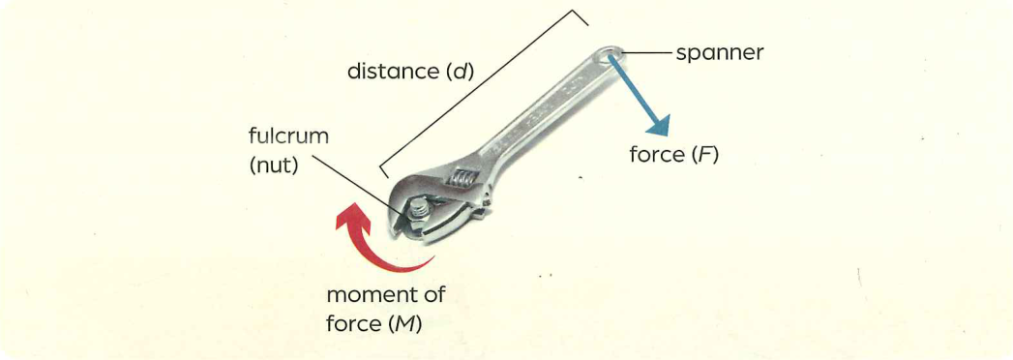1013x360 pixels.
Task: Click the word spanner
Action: [720, 53]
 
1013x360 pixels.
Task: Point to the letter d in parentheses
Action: [458, 72]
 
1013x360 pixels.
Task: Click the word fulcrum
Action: [288, 137]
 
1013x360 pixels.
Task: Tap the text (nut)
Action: [274, 166]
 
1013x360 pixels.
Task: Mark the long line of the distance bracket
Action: [484, 93]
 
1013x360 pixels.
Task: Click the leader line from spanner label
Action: [646, 53]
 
